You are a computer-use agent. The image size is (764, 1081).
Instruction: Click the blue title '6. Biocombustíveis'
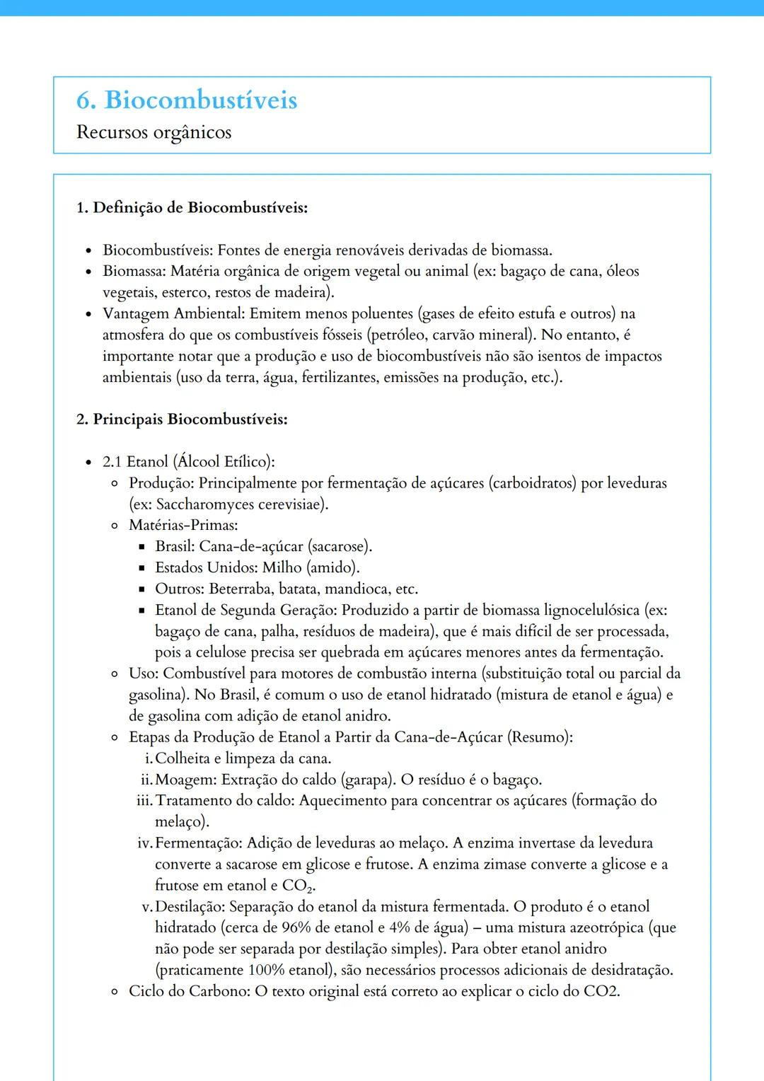coord(187,100)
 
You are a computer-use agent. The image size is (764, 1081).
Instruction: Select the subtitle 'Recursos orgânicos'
coord(154,132)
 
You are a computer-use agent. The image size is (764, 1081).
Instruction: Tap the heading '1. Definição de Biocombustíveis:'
coord(192,207)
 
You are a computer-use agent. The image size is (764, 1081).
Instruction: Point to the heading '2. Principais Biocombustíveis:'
coord(182,419)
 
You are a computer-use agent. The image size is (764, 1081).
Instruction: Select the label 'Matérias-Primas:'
coord(183,525)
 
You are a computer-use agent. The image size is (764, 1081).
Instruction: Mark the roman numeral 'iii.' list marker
coord(144,801)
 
